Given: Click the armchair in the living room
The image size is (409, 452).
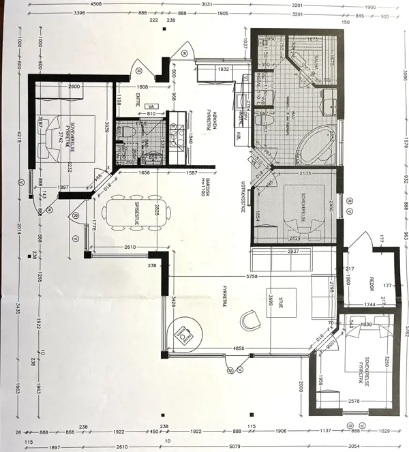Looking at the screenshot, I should pyautogui.click(x=250, y=318).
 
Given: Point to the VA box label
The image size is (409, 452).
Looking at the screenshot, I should pyautogui.click(x=151, y=106).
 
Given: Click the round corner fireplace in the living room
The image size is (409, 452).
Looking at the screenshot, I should pyautogui.click(x=184, y=335).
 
